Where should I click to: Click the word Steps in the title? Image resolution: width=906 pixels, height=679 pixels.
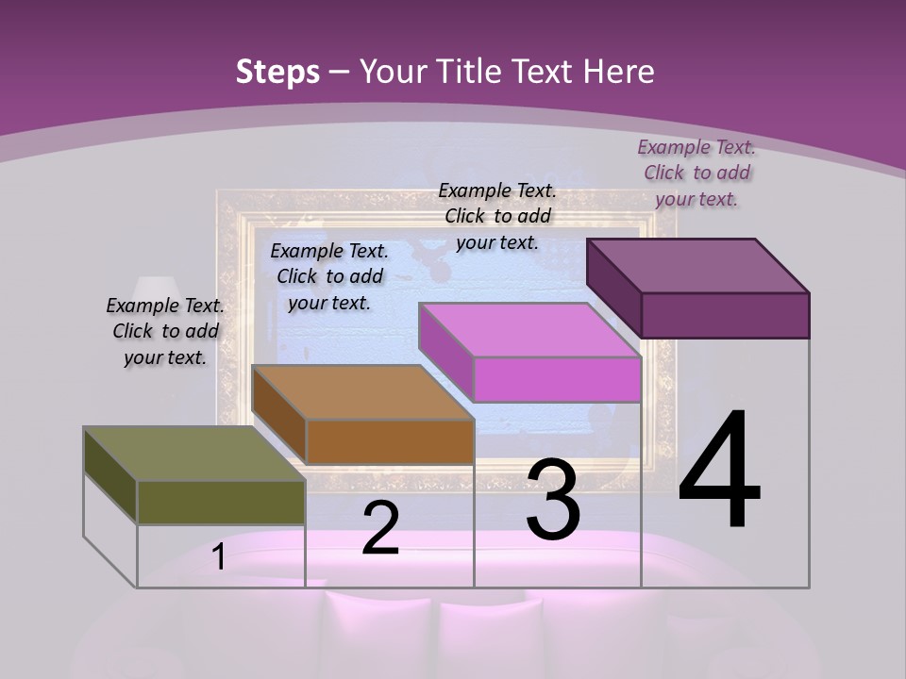click(x=277, y=72)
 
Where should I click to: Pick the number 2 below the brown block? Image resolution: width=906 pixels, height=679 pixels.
click(x=380, y=528)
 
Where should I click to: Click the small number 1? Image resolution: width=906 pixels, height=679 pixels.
click(x=219, y=557)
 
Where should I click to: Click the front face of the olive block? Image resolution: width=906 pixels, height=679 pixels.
click(x=221, y=502)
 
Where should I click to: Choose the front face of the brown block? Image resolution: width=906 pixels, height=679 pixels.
click(x=390, y=441)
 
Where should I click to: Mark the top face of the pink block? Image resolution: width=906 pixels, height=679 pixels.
click(x=529, y=330)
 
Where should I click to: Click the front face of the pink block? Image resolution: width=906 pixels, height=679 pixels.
click(x=557, y=379)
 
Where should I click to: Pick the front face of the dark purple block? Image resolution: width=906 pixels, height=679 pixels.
click(x=725, y=315)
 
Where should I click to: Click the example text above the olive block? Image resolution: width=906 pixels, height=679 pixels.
click(x=165, y=331)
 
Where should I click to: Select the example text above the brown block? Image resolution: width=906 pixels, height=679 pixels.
click(x=329, y=276)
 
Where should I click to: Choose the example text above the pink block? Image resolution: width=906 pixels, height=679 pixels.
click(x=497, y=216)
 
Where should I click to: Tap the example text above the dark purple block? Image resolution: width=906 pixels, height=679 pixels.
click(x=696, y=173)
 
